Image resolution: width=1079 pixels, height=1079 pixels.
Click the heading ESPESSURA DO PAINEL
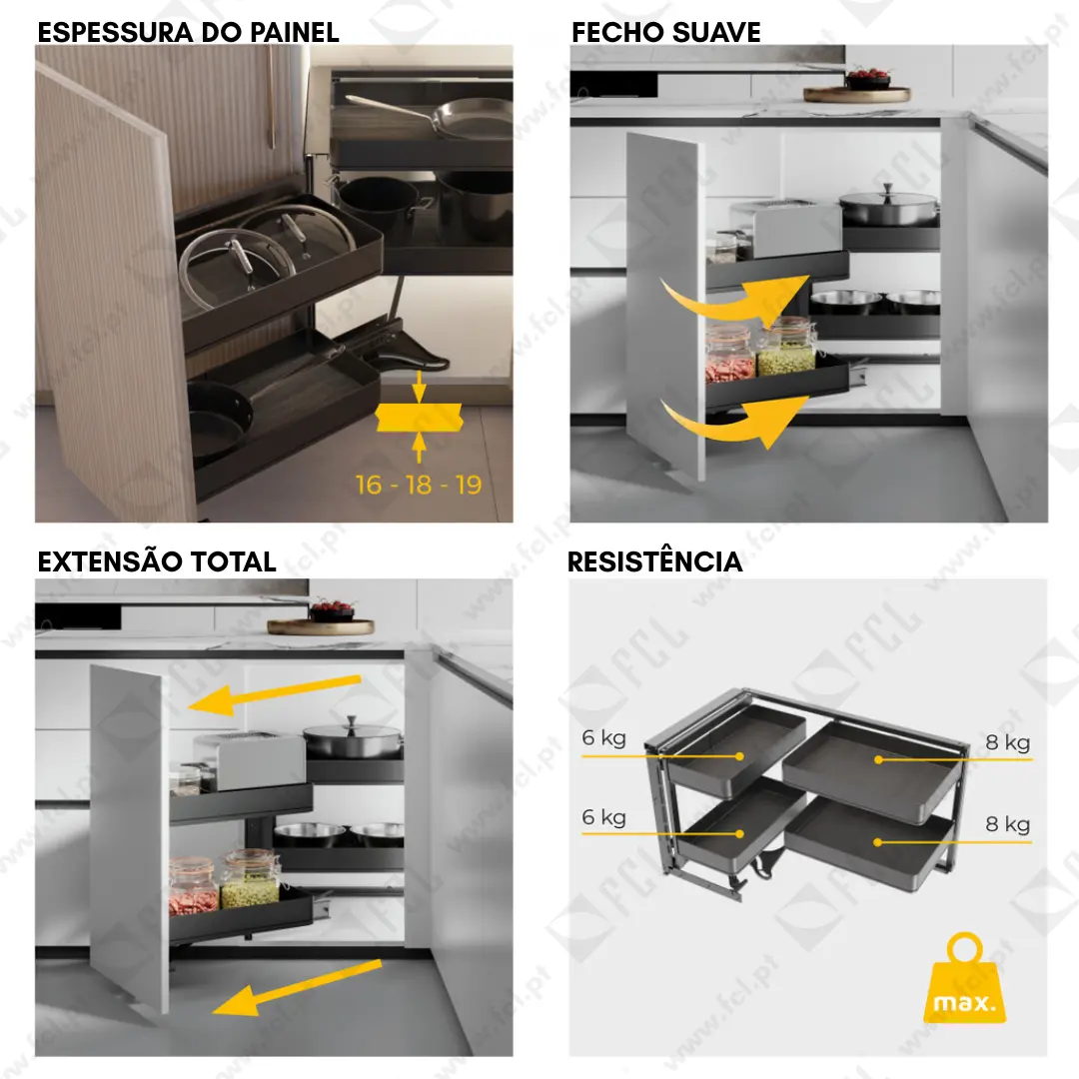coord(188,32)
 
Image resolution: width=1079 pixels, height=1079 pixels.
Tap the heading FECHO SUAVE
coord(666,32)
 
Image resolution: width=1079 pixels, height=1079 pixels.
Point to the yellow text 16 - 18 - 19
coord(419,486)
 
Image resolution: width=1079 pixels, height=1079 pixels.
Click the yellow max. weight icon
coord(964,978)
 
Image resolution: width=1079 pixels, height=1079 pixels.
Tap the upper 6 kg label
coord(603,737)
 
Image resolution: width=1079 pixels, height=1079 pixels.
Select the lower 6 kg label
coord(603,817)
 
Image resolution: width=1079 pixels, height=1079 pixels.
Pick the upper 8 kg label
coord(1007,742)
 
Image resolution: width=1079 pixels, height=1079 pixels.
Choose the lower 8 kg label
coord(1007,823)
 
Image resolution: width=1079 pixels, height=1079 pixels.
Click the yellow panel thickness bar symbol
coord(419,418)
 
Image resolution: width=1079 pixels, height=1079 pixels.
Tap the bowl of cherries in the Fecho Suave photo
coord(868,79)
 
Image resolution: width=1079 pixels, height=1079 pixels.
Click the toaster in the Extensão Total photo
coord(249,760)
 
